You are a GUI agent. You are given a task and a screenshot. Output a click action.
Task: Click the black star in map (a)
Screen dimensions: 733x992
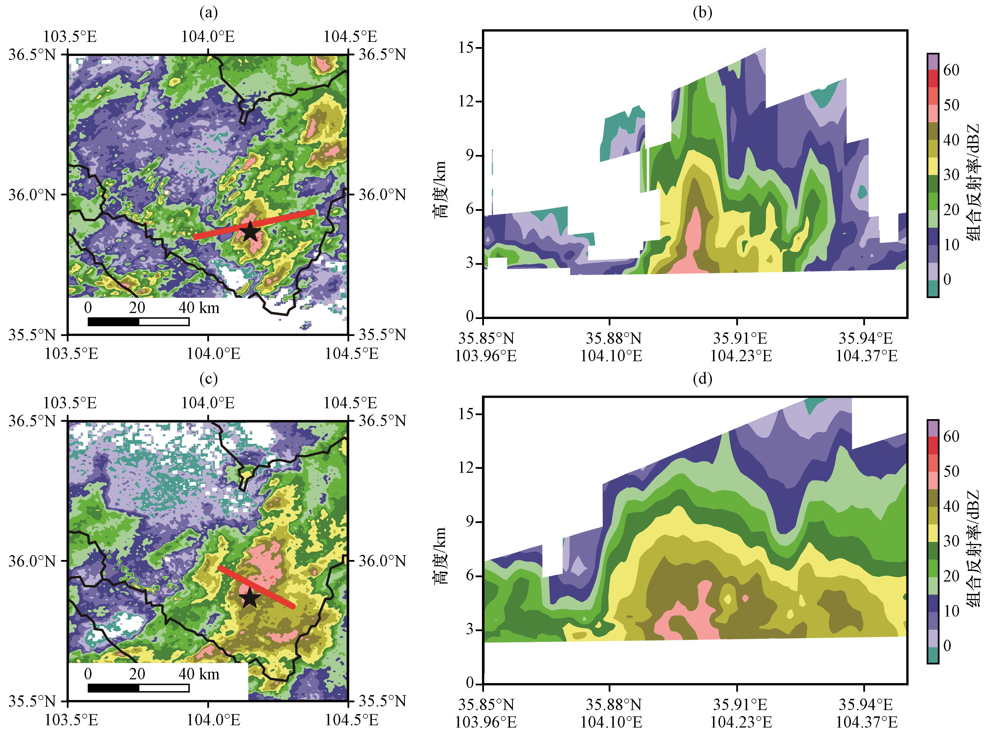coord(250,231)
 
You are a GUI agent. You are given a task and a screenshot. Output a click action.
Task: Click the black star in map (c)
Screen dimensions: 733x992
coord(250,597)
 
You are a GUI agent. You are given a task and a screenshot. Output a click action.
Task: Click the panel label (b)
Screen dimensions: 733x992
coord(702,13)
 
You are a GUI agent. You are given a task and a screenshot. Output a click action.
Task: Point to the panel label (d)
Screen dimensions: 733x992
coord(702,379)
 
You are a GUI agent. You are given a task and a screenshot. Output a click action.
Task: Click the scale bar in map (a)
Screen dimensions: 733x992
coord(138,322)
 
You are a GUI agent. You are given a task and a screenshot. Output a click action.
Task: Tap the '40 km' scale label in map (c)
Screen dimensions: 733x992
coord(199,674)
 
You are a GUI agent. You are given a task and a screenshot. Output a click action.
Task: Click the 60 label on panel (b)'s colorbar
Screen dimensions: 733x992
coord(951,70)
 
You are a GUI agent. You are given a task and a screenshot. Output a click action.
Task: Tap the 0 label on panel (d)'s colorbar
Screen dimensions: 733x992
coord(947,645)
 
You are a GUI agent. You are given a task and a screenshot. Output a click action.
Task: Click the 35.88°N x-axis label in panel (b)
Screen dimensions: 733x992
coord(613,339)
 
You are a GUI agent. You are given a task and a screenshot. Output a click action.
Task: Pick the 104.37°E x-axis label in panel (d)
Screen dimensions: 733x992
coord(866,722)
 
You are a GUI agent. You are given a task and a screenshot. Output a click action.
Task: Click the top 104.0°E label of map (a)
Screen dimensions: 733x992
coord(208,36)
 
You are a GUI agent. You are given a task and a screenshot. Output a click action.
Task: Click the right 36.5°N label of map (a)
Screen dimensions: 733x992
coord(382,55)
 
